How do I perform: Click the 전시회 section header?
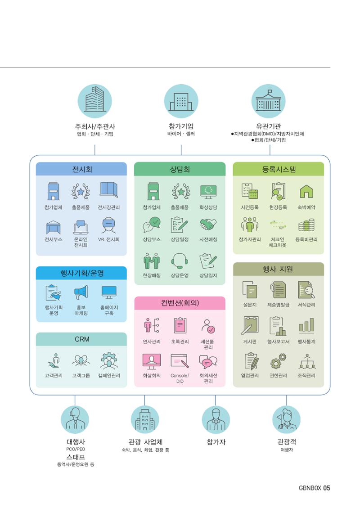tap(81, 169)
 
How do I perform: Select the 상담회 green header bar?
tap(180, 169)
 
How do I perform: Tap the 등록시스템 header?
tap(279, 169)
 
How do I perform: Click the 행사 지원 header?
tap(279, 269)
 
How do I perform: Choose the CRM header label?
tap(81, 339)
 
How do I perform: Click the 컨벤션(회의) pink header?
tap(180, 303)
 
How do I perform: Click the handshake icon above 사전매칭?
tap(208, 225)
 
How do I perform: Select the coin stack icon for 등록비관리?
tap(306, 225)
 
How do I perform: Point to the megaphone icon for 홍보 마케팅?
tap(81, 292)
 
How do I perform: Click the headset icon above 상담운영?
tap(180, 261)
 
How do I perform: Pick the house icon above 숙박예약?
tap(306, 191)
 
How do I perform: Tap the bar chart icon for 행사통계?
tap(306, 326)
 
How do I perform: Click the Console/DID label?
tap(180, 378)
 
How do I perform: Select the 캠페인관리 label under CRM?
tap(109, 376)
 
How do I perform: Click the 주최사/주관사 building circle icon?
tap(94, 101)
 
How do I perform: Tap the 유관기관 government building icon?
tap(268, 101)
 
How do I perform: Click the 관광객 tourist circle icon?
tap(287, 419)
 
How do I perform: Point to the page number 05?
tap(326, 488)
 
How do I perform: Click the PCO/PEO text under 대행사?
tap(76, 449)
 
